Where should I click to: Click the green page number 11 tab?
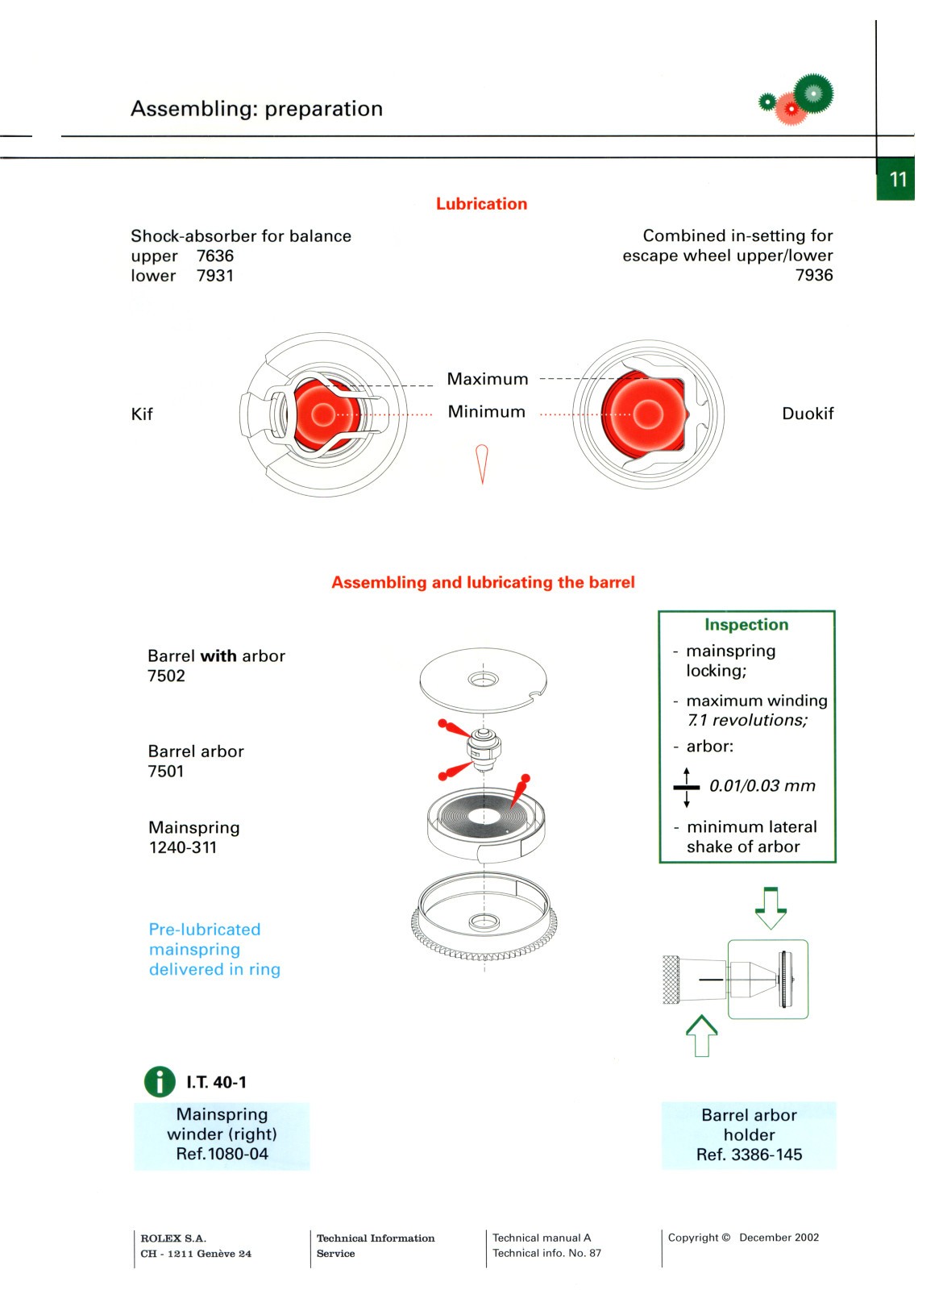click(x=897, y=179)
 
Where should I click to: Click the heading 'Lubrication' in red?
click(x=481, y=204)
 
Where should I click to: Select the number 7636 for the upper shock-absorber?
click(x=215, y=256)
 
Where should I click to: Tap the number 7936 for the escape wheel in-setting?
click(x=814, y=275)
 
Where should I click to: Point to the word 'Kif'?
click(x=142, y=414)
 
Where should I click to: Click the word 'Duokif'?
click(x=808, y=414)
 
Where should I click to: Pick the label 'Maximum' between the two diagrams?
click(x=488, y=379)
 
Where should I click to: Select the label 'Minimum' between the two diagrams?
click(x=487, y=412)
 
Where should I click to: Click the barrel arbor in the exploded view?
click(x=484, y=747)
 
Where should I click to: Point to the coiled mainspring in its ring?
click(x=484, y=816)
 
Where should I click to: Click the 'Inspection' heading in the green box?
click(x=746, y=625)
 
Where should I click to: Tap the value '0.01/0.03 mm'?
click(x=762, y=786)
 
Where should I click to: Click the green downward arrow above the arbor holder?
click(x=771, y=907)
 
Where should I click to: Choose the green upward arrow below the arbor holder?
click(x=701, y=1035)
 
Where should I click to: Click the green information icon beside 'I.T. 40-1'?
click(x=160, y=1082)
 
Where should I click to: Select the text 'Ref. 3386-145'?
click(x=749, y=1155)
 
